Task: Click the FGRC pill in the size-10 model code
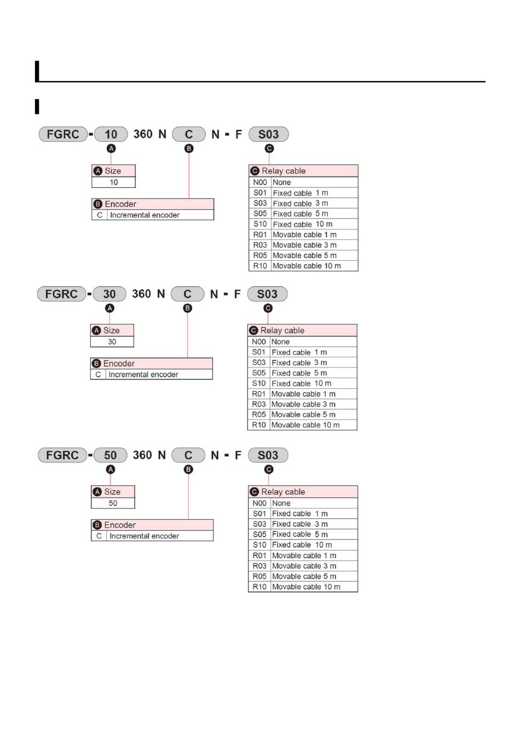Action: (x=63, y=134)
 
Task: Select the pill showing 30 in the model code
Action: (x=109, y=294)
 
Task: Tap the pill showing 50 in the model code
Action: (x=111, y=455)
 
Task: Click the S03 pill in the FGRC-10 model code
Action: (x=268, y=134)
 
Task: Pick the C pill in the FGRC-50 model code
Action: (x=188, y=455)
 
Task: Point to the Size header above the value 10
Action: (x=113, y=171)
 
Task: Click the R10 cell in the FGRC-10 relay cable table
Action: (x=260, y=266)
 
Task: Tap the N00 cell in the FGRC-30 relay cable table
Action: (x=259, y=342)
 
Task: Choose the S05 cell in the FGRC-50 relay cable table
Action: (x=259, y=534)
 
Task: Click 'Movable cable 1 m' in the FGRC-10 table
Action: (x=304, y=234)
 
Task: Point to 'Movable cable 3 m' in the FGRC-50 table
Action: (x=304, y=566)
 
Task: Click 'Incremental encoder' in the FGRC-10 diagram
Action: (x=145, y=215)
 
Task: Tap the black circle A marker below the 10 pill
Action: (x=111, y=148)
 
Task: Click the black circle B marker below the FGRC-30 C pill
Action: (x=187, y=308)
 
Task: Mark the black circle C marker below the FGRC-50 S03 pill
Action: (x=268, y=470)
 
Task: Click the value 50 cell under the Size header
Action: (x=113, y=503)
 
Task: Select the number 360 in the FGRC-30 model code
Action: (x=141, y=294)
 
